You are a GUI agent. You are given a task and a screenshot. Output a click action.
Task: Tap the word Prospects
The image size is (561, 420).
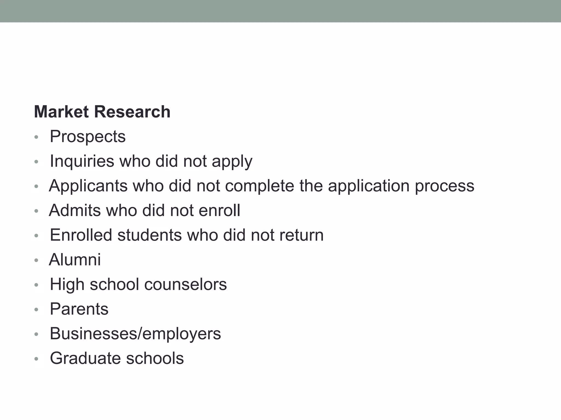click(88, 136)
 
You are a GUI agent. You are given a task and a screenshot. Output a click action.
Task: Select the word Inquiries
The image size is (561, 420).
click(82, 161)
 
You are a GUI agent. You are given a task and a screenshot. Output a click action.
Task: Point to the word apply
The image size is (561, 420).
click(232, 162)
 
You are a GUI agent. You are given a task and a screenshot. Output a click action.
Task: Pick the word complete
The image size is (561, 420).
click(259, 186)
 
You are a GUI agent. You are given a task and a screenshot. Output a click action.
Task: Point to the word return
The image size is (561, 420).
click(301, 235)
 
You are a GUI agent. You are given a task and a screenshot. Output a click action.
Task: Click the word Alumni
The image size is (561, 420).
click(75, 259)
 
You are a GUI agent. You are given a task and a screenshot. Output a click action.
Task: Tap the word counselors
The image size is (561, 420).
click(185, 284)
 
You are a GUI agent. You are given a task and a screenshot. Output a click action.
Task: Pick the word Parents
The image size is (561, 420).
click(79, 309)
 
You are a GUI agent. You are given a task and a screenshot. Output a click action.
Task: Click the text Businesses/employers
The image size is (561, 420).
click(135, 334)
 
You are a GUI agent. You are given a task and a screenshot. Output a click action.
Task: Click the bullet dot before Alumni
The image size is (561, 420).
click(36, 260)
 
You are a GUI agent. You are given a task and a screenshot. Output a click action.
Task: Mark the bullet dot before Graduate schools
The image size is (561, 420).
click(36, 359)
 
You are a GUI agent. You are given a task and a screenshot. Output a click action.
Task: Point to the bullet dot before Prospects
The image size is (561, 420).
click(36, 137)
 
